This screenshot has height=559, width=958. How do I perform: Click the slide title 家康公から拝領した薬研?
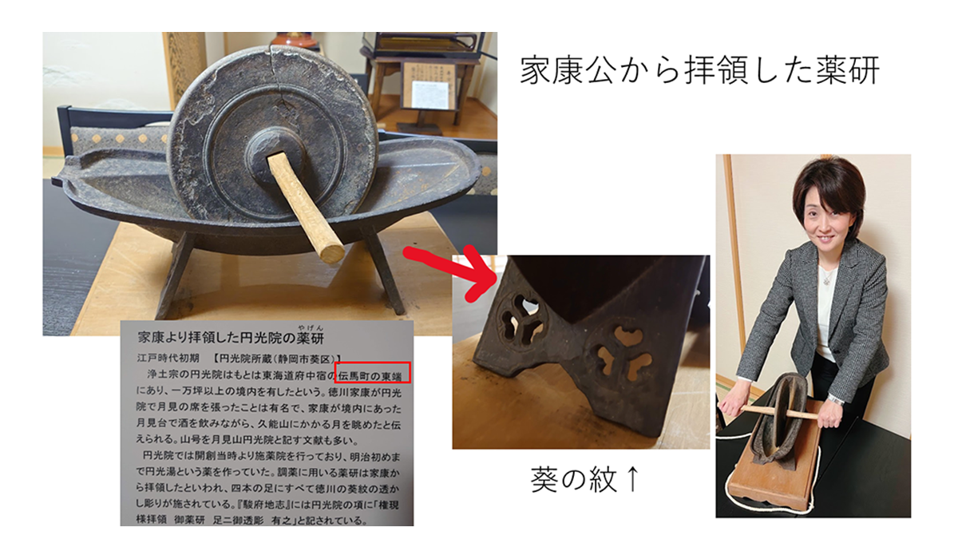(699, 70)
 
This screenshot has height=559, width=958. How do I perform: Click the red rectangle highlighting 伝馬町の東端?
(374, 371)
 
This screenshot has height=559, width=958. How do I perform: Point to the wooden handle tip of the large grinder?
(331, 253)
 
